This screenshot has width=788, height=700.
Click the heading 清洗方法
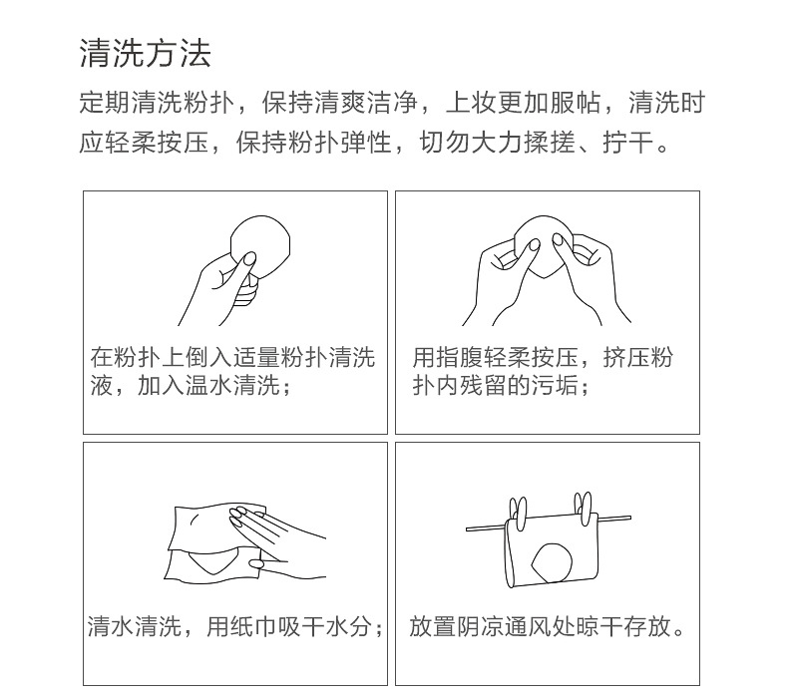tap(146, 53)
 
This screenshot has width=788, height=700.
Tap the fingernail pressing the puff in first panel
tap(249, 259)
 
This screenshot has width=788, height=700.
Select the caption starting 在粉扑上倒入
tap(232, 371)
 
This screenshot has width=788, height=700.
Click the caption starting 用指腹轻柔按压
tap(543, 371)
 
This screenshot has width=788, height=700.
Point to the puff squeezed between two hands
tap(543, 246)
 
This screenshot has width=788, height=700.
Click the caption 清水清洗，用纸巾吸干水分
tap(235, 626)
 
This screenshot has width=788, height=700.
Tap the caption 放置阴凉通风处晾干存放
tap(548, 626)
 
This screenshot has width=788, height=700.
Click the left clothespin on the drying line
tap(518, 513)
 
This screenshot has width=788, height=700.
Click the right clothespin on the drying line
tap(583, 508)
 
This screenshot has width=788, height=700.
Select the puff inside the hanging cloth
tap(552, 562)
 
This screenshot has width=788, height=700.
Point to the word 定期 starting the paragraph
tap(105, 103)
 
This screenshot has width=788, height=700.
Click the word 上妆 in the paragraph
tap(471, 103)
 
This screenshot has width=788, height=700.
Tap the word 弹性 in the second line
tap(366, 143)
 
